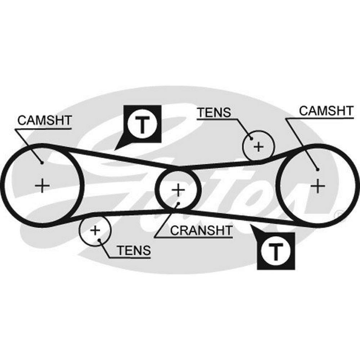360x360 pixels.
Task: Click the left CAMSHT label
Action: point(45,121)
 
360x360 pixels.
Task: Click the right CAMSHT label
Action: point(326,111)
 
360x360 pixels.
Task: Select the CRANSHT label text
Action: point(201,230)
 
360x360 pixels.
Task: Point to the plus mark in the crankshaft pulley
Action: point(177,189)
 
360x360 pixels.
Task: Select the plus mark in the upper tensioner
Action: point(258,147)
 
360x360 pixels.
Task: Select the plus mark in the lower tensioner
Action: point(95,230)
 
